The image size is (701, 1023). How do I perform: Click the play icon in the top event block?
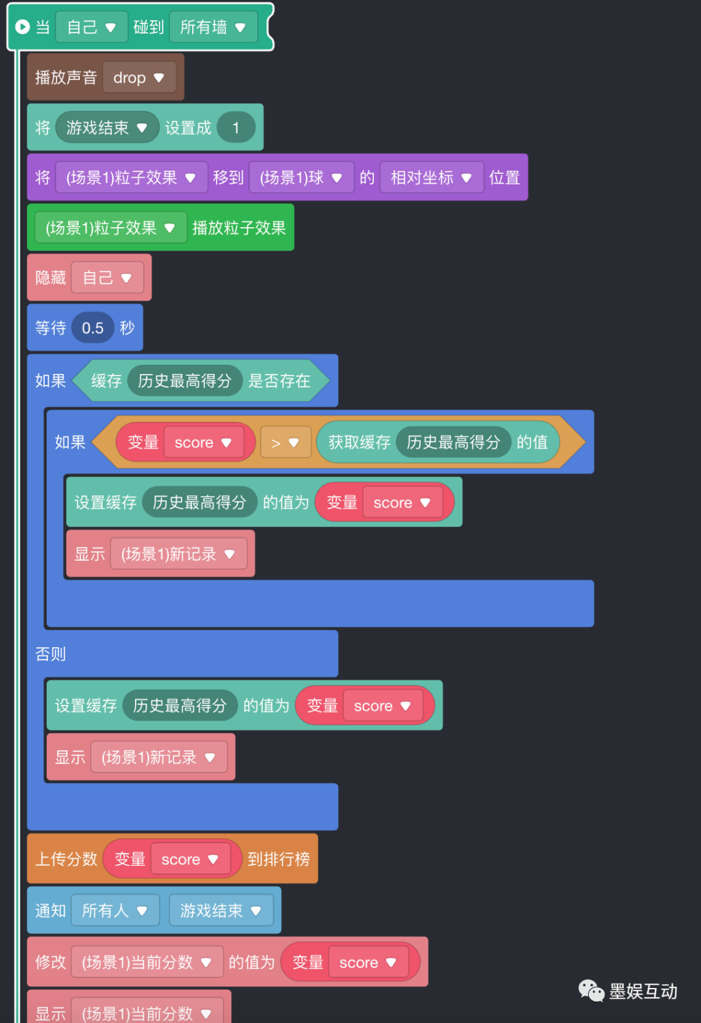click(x=22, y=27)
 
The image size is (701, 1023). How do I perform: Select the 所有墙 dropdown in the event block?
click(x=213, y=27)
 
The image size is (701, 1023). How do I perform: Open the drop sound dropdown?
click(x=139, y=78)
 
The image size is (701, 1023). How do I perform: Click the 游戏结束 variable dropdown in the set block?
click(x=106, y=128)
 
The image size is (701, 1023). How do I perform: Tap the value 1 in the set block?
click(x=236, y=128)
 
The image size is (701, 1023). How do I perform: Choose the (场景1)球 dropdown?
click(x=301, y=178)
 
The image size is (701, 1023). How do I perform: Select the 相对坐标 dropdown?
click(x=431, y=178)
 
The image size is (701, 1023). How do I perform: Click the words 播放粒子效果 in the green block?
click(x=239, y=228)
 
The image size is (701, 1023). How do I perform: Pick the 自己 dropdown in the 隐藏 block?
click(x=107, y=278)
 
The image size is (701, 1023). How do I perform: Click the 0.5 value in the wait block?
click(x=93, y=328)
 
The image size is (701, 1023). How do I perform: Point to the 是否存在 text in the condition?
click(x=279, y=381)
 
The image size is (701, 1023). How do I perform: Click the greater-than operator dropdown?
click(x=285, y=443)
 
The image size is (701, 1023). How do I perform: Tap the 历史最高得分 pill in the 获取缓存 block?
click(x=453, y=443)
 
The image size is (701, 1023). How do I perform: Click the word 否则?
click(x=51, y=654)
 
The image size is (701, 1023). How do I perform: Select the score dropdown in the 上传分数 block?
click(x=190, y=859)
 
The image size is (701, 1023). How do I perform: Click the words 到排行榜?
click(x=278, y=859)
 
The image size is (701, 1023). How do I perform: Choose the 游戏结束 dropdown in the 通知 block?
click(x=221, y=911)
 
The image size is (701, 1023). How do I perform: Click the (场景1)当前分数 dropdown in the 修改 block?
click(x=147, y=962)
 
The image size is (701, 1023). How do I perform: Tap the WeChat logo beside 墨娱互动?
click(x=591, y=991)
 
